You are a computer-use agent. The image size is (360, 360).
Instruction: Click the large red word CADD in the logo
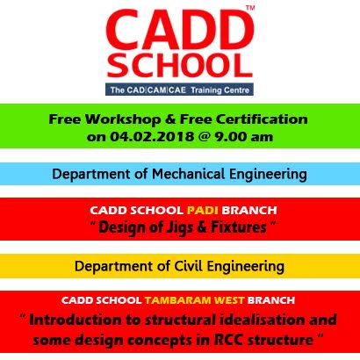(180, 31)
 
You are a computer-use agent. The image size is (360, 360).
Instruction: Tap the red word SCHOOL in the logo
(180, 65)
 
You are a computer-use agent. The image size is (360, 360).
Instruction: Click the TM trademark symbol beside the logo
(250, 8)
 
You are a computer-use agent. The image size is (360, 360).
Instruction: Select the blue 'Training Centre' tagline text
(220, 90)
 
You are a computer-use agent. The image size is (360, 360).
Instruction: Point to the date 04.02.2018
(152, 136)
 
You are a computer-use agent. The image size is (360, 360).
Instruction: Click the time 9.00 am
(243, 136)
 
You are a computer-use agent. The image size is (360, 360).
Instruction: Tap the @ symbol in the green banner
(204, 137)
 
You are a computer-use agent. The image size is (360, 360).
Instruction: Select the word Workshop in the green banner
(123, 119)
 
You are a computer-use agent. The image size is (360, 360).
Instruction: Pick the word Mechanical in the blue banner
(188, 174)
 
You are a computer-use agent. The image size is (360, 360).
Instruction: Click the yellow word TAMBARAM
(178, 300)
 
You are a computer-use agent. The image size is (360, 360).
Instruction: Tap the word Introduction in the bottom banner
(76, 320)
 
